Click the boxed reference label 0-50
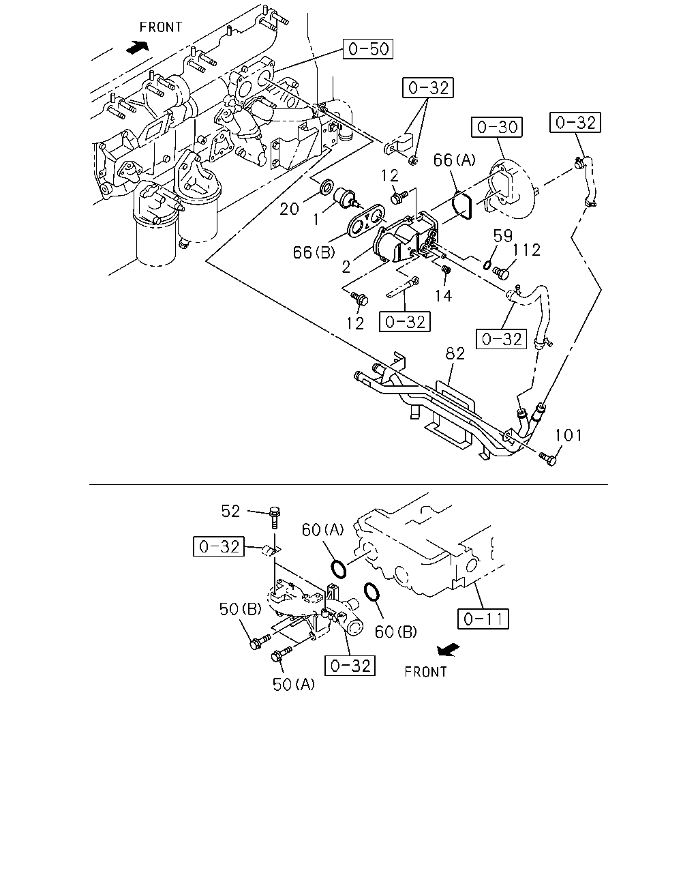click(368, 49)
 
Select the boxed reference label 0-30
click(497, 127)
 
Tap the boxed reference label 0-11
click(483, 619)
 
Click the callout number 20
click(289, 209)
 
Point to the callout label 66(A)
click(454, 160)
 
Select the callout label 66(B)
click(314, 252)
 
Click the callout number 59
click(503, 236)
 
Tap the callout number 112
click(526, 250)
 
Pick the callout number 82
click(455, 354)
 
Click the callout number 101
click(568, 435)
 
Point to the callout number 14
click(443, 296)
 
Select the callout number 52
click(230, 511)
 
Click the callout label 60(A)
click(323, 529)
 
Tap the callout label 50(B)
click(241, 609)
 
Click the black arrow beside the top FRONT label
click(138, 47)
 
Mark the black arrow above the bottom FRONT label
click(449, 649)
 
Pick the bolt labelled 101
click(547, 458)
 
